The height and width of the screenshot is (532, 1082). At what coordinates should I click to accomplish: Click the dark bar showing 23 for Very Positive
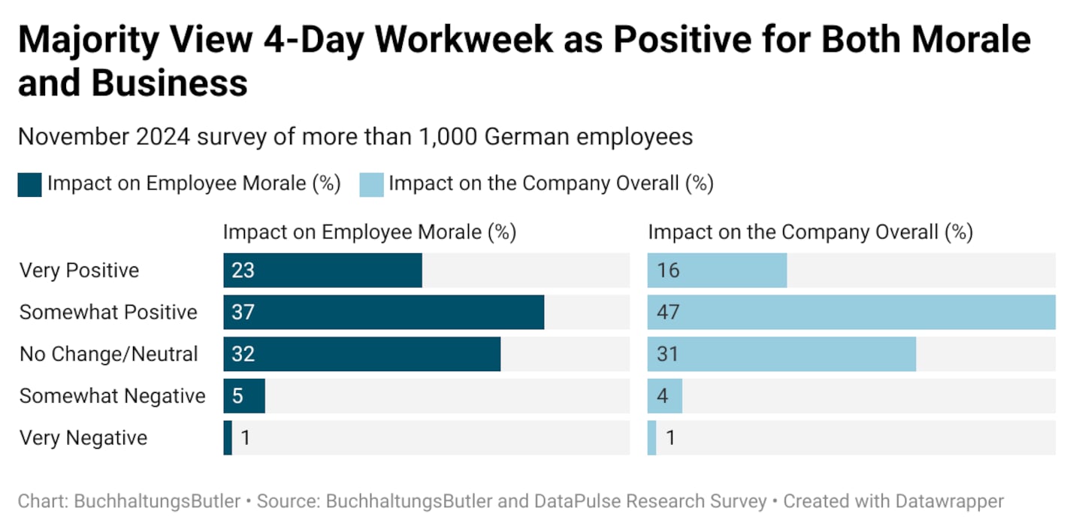(x=322, y=271)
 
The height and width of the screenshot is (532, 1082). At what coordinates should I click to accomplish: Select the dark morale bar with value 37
(x=383, y=312)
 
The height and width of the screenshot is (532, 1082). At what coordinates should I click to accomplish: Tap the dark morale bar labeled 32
(x=361, y=354)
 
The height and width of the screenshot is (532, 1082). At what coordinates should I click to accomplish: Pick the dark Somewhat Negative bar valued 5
(x=244, y=396)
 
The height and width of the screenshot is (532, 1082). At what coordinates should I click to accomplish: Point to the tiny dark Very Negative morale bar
(x=228, y=438)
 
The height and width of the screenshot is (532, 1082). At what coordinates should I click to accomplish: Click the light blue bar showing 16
(x=717, y=271)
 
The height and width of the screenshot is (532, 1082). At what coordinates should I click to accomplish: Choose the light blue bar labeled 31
(x=781, y=354)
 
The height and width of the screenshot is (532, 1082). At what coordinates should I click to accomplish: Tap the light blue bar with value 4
(x=665, y=396)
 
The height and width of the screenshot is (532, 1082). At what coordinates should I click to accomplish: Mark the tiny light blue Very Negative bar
(x=651, y=438)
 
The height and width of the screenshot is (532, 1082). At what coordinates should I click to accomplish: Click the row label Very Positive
(x=79, y=271)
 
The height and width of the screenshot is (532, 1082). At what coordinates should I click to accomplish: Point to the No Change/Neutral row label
(x=109, y=354)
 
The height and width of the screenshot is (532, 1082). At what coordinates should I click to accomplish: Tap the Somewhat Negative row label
(x=113, y=396)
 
